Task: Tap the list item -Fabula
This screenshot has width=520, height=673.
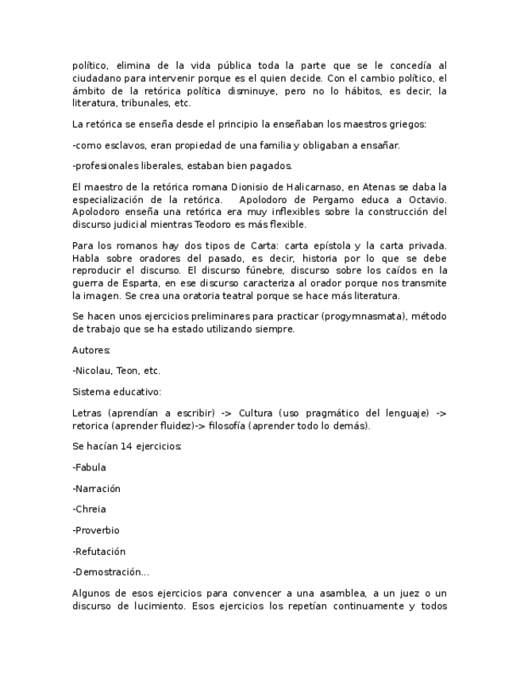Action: tap(89, 467)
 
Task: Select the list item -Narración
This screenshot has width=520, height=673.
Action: tap(96, 489)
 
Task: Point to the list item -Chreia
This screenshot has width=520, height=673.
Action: tap(89, 510)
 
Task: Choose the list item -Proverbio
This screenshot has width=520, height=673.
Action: tap(95, 530)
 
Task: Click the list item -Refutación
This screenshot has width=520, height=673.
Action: tap(98, 552)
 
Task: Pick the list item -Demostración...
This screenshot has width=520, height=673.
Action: tap(110, 572)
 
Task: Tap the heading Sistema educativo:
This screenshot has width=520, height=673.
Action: tap(117, 391)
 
